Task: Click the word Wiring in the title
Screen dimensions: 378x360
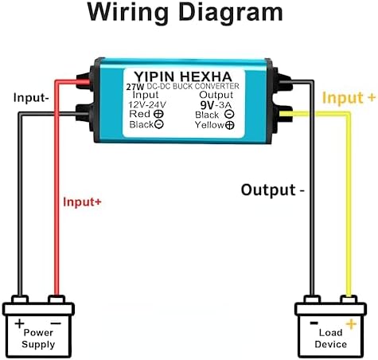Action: click(127, 13)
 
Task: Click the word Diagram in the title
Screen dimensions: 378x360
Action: click(231, 12)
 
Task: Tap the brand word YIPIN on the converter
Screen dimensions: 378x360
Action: click(154, 76)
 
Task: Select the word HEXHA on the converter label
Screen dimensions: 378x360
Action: click(206, 76)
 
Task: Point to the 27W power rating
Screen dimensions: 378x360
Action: click(135, 87)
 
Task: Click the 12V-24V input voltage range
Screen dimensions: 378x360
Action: click(147, 104)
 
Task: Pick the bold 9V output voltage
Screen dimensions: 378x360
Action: click(207, 105)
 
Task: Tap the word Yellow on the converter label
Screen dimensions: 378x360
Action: click(209, 124)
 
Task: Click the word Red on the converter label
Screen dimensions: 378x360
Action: click(139, 114)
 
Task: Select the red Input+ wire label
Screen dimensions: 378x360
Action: click(82, 202)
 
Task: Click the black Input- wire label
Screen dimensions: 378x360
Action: click(31, 97)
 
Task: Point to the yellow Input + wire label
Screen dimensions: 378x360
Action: click(349, 97)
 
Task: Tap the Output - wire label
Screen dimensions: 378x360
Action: click(273, 190)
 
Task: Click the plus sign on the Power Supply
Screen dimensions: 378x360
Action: click(19, 323)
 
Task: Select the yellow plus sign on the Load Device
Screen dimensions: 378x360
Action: click(351, 324)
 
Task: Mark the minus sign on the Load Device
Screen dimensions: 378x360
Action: click(314, 323)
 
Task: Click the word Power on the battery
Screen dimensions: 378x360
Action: click(38, 333)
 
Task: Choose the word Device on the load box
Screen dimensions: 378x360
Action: click(331, 344)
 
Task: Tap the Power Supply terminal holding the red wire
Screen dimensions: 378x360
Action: click(57, 299)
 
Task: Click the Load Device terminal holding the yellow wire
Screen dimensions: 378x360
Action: click(349, 299)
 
